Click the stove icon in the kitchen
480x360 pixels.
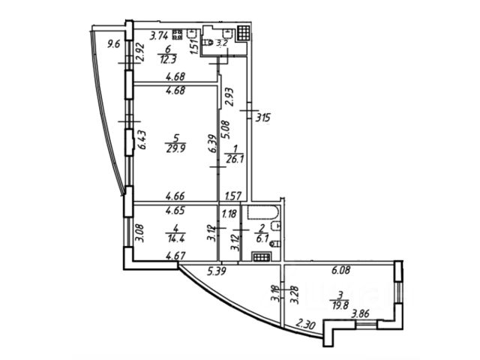178,34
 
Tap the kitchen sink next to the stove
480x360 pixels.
192,34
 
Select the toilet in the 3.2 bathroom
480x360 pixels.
208,43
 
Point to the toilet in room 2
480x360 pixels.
275,242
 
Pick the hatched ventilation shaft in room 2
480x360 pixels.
262,256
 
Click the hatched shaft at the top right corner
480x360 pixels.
242,34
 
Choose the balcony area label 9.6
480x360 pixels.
114,43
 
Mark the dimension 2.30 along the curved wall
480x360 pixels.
304,324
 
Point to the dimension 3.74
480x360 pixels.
158,34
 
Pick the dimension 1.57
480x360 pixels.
233,196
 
